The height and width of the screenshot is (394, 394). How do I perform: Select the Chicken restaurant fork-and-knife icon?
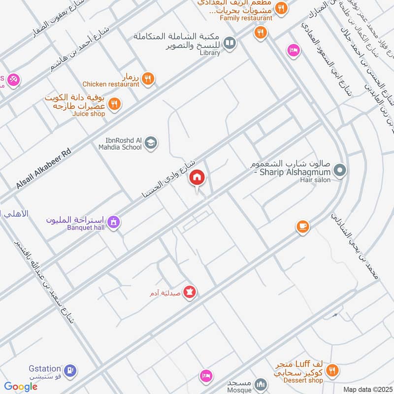coord(147,78)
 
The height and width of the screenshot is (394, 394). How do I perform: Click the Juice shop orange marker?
coord(114,104)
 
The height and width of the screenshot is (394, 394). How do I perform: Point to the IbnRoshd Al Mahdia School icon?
coord(151,143)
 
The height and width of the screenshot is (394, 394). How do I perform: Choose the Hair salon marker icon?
coord(339,171)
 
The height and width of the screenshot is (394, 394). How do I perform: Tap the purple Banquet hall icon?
coord(114,223)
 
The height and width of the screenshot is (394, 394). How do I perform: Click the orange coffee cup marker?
coord(302,227)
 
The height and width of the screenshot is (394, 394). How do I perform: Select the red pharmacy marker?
coord(190,293)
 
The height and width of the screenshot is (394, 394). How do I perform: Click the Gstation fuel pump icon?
coord(70,369)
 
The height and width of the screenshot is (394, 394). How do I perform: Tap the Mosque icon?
coord(262,384)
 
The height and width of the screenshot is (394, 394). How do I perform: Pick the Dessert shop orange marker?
coord(332,370)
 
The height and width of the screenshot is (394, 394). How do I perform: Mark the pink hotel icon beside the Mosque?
coord(206,376)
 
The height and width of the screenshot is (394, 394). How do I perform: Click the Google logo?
coord(21,387)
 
